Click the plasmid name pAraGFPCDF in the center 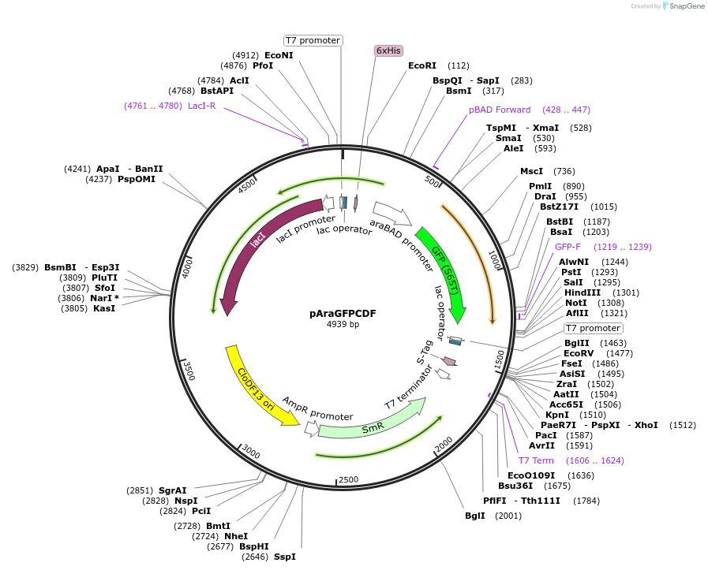(343, 313)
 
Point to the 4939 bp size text (343, 325)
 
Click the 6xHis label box (388, 50)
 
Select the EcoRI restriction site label (422, 65)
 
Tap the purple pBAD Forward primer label (500, 110)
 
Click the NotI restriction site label (576, 303)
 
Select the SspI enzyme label (285, 557)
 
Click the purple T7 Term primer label (536, 460)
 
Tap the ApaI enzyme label (108, 169)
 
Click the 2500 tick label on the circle (348, 480)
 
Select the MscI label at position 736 (531, 171)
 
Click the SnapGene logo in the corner (684, 6)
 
